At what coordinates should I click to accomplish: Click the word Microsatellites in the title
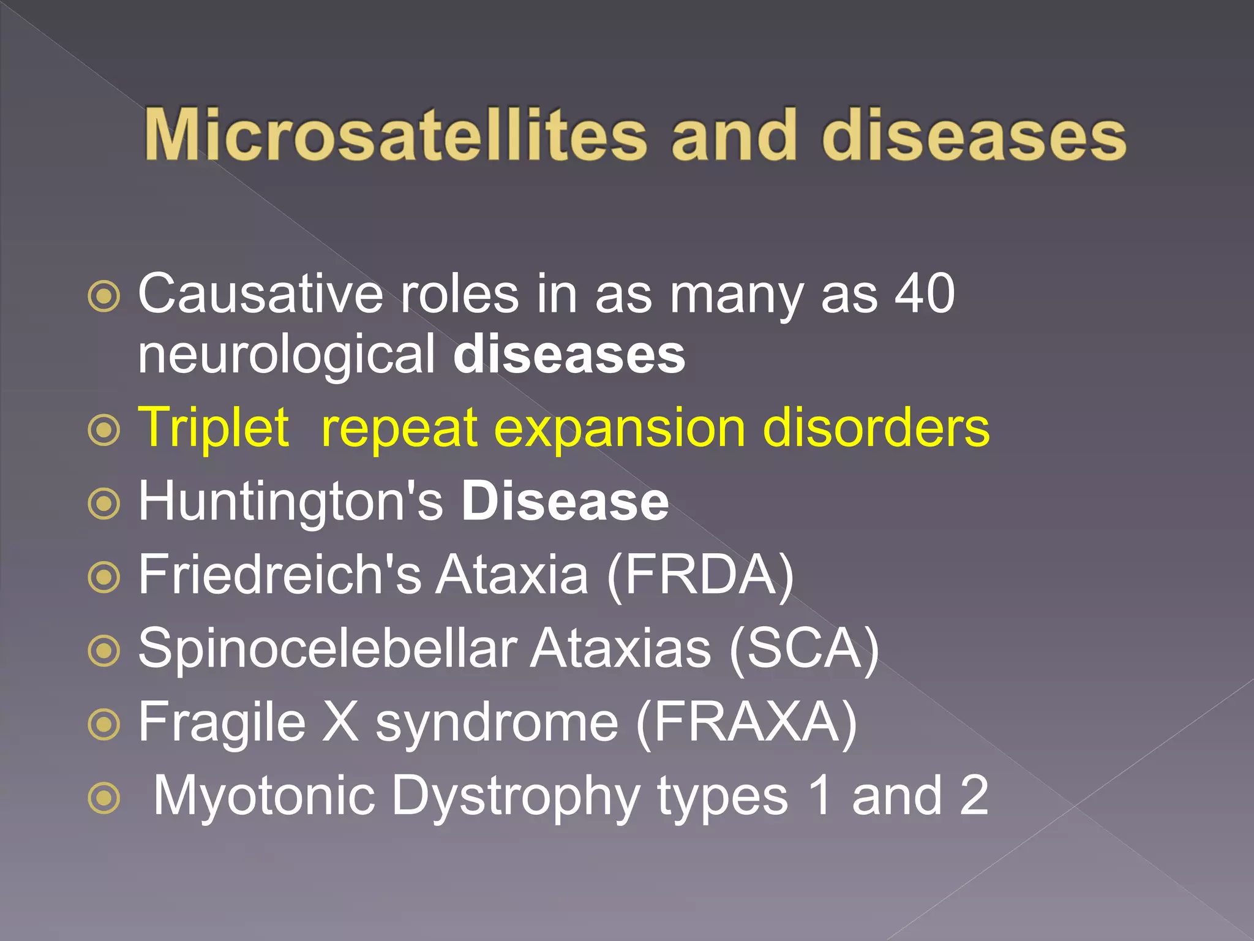[x=395, y=135]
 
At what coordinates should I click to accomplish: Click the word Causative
[x=260, y=294]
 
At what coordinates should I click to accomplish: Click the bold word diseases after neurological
[x=569, y=355]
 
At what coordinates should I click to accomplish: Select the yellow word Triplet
[x=213, y=428]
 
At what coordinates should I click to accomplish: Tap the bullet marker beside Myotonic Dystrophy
[x=104, y=798]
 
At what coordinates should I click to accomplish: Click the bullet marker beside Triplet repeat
[x=104, y=430]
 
